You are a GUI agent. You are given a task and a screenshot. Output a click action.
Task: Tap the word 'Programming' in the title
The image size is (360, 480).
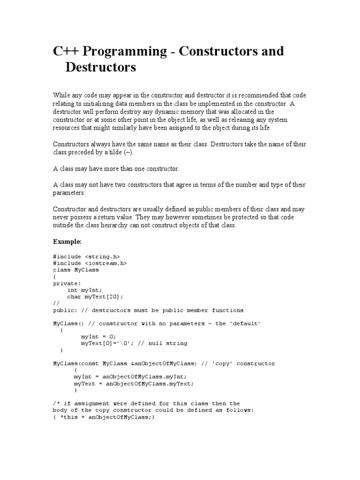121,51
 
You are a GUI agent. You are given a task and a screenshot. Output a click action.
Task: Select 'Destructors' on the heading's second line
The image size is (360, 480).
101,67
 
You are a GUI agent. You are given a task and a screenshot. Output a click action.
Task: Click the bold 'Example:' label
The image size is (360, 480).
67,241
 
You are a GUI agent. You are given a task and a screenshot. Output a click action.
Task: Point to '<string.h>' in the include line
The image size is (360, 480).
103,256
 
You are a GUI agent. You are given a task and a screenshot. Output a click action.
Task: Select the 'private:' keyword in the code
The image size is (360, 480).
67,283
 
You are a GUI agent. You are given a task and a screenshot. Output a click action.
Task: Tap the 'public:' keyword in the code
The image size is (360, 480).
65,310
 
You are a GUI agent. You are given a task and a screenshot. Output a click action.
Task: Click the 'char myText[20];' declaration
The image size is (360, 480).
95,297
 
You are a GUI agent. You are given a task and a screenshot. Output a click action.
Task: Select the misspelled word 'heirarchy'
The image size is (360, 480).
111,225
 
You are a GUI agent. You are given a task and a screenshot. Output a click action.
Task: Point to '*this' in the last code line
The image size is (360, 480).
69,417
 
